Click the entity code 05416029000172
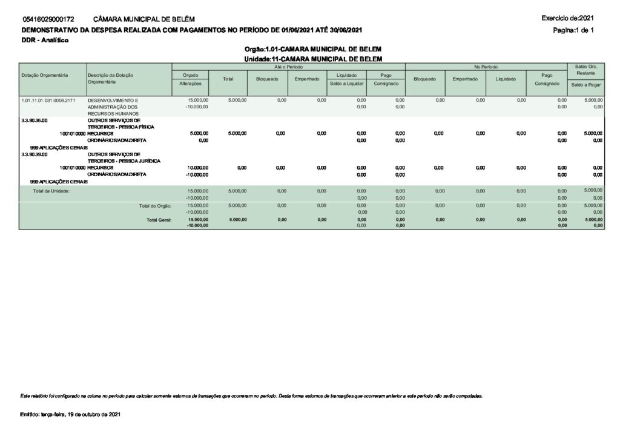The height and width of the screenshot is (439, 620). [48, 20]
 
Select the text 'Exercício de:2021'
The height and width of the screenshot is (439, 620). [569, 19]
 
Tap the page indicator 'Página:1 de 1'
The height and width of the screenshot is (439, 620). [573, 30]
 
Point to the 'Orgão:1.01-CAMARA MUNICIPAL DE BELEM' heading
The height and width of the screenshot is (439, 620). [312, 48]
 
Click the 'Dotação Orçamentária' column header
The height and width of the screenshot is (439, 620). [44, 75]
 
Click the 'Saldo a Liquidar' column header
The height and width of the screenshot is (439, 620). [346, 84]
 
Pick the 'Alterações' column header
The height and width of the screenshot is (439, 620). [191, 84]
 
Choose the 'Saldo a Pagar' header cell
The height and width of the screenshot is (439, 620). [585, 85]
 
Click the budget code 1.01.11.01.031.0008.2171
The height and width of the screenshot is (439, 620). [48, 99]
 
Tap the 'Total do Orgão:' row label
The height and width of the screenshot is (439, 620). [155, 206]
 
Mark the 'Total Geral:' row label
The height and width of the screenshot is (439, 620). [159, 220]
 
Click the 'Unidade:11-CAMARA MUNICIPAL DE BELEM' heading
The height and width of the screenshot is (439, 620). [312, 58]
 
